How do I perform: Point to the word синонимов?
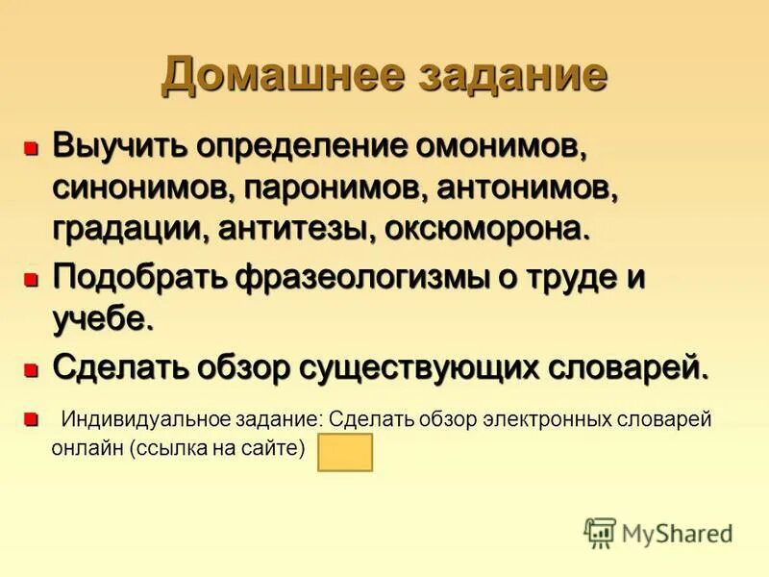coord(136,188)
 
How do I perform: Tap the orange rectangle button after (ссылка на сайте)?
coord(344,452)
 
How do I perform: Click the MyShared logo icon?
coord(600,532)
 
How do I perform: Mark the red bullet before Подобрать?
coord(31,280)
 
